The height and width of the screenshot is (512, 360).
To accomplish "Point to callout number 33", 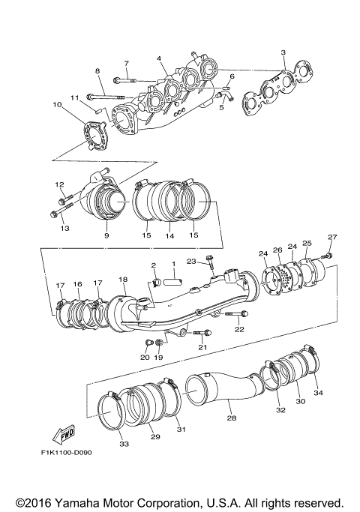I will pos(124,445).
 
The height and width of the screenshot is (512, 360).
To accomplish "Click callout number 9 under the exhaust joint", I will pos(106,235).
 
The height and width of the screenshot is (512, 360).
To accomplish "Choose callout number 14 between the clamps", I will pos(169,235).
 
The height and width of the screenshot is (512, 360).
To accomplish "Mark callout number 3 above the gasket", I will pos(283,52).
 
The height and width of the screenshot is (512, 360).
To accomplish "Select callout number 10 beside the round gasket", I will pos(57,105).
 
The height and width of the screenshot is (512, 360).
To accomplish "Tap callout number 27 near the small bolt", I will pos(332,238).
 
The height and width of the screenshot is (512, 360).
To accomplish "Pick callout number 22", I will pos(239,329).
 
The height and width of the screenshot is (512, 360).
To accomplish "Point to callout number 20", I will pos(143,358).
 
